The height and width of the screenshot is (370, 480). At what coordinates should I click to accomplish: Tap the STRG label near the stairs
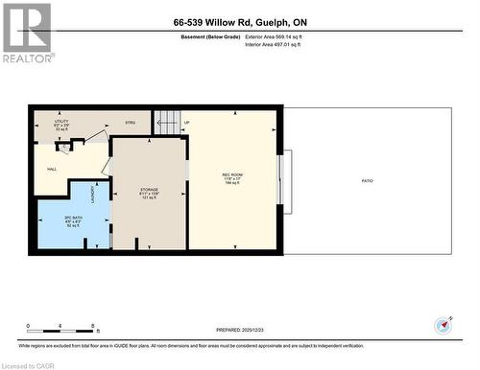pyautogui.click(x=131, y=123)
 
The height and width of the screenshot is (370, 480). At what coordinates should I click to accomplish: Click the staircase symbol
pyautogui.click(x=167, y=123)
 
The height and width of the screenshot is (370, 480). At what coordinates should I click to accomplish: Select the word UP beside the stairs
pyautogui.click(x=186, y=123)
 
